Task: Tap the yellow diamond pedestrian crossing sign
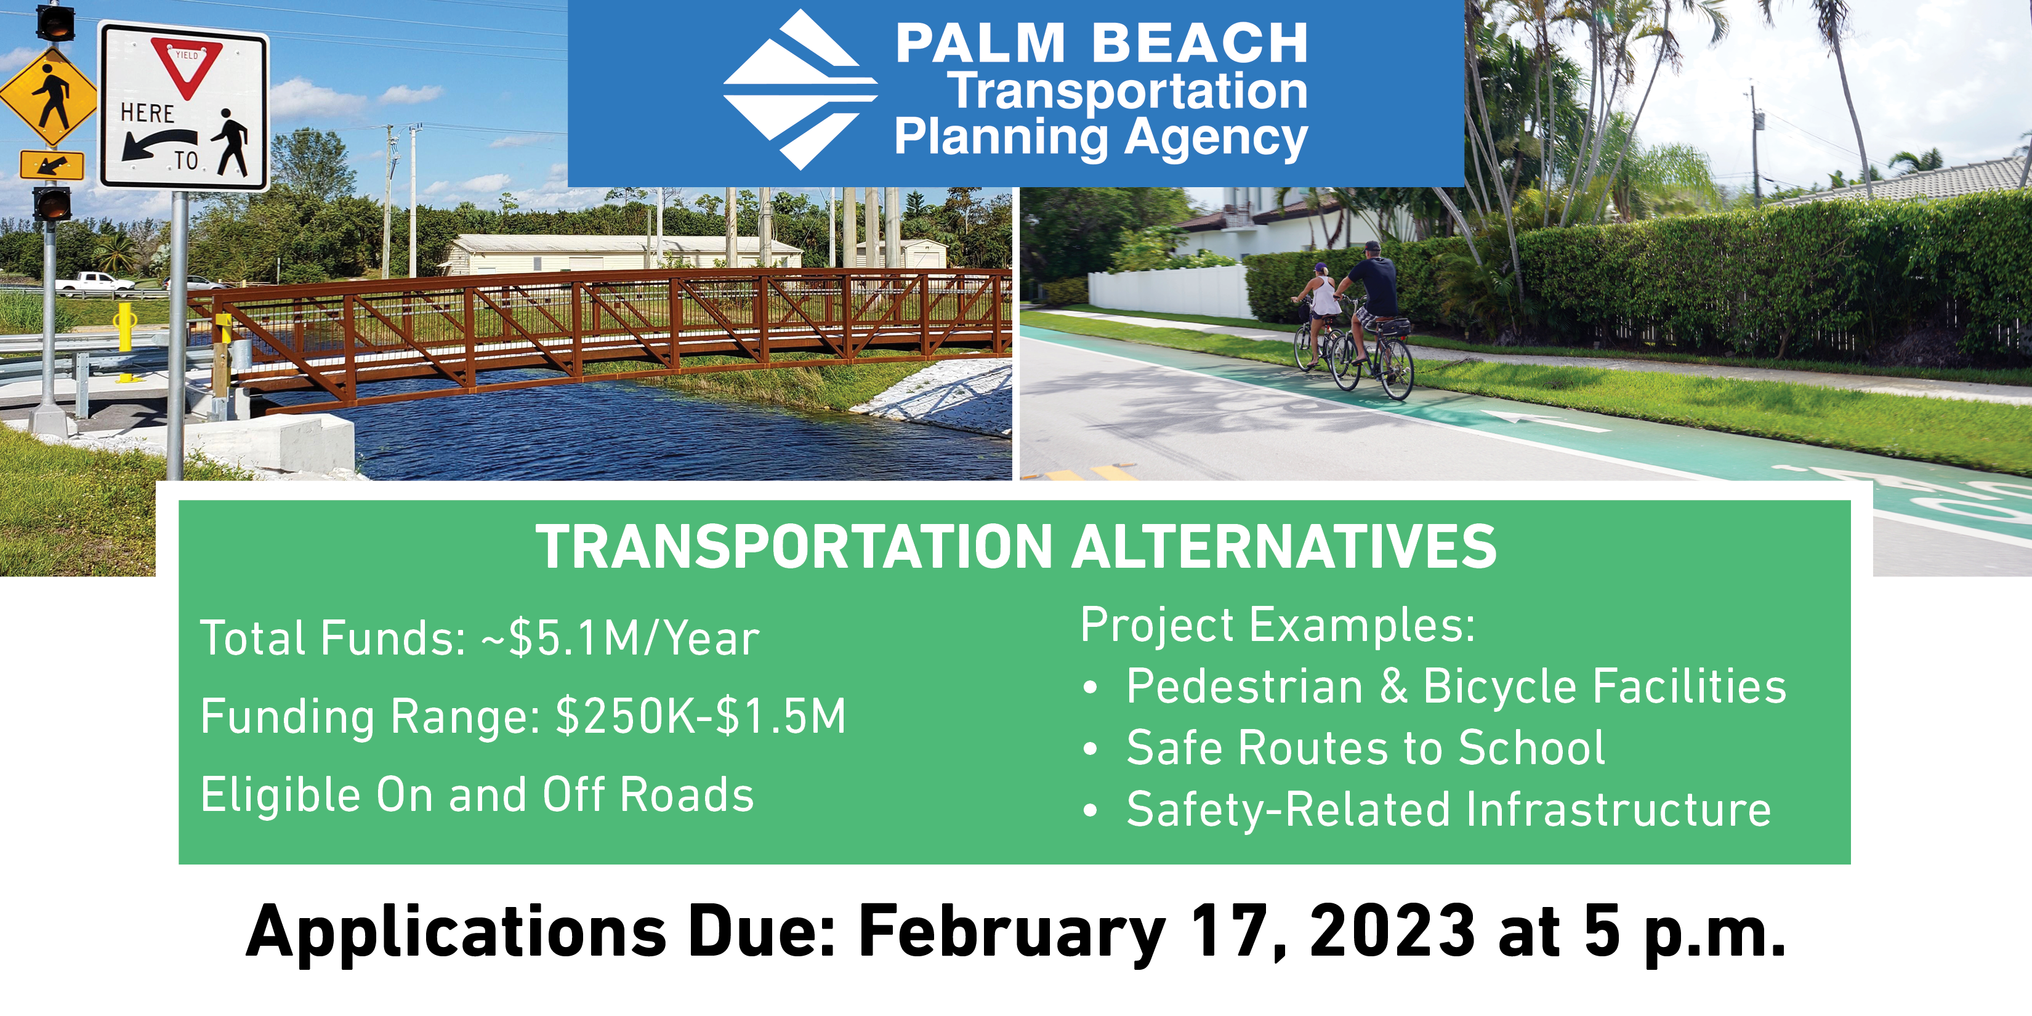(49, 97)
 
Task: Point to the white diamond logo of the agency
(799, 89)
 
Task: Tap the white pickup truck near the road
(94, 283)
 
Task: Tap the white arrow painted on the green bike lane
(1546, 421)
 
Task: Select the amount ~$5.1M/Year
(621, 637)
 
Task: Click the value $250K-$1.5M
(701, 716)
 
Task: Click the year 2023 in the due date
(1392, 932)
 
